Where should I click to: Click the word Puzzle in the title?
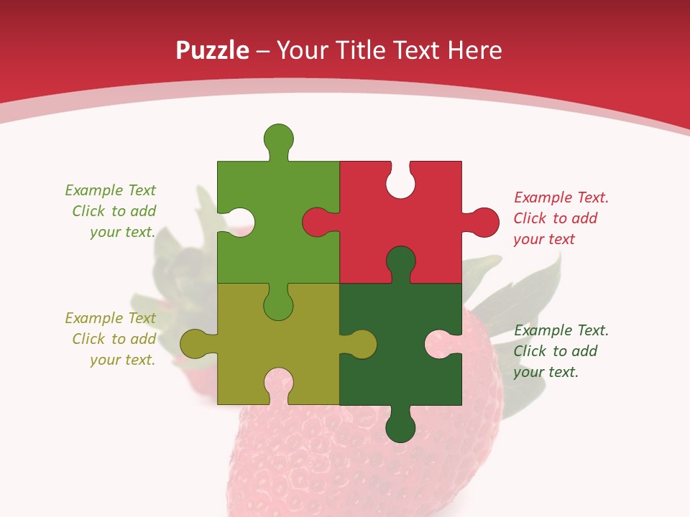tap(212, 50)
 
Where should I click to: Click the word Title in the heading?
tap(363, 50)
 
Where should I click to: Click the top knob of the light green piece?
tap(278, 138)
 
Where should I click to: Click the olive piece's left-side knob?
tap(194, 344)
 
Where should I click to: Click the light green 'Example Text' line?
tap(110, 190)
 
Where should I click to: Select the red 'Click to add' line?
tap(555, 218)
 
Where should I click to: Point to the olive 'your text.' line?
tap(122, 360)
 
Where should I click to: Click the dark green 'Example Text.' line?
tap(561, 330)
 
